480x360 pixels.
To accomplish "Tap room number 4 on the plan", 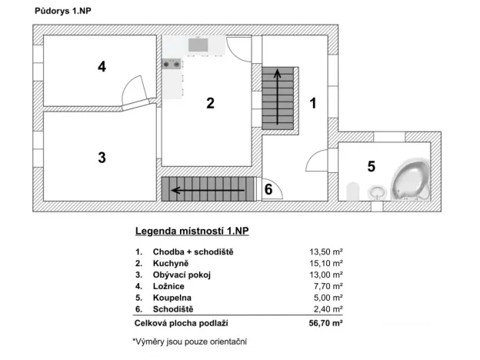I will pyautogui.click(x=102, y=67).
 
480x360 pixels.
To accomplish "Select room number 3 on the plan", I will pyautogui.click(x=102, y=158).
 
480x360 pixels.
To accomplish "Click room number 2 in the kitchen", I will pyautogui.click(x=210, y=105).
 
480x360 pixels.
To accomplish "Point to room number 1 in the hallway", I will pyautogui.click(x=313, y=102).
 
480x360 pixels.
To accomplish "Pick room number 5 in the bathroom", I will pyautogui.click(x=371, y=165).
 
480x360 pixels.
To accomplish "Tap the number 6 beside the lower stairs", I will pyautogui.click(x=268, y=188).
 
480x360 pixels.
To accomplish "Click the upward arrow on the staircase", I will pyautogui.click(x=278, y=97).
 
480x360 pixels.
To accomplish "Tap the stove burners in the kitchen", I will pyautogui.click(x=172, y=65).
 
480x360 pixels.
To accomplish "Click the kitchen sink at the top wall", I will pyautogui.click(x=198, y=45).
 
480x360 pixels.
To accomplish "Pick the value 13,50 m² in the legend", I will pyautogui.click(x=325, y=252).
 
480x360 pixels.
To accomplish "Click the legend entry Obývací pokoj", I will pyautogui.click(x=182, y=274).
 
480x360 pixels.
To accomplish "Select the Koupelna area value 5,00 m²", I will pyautogui.click(x=328, y=296).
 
